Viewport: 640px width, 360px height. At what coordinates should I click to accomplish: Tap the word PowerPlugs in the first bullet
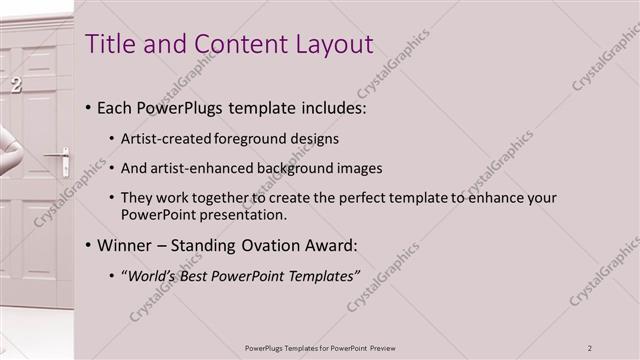point(185,107)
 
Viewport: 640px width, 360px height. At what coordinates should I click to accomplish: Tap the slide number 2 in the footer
point(590,348)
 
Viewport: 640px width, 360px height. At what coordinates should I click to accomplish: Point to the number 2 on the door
point(15,86)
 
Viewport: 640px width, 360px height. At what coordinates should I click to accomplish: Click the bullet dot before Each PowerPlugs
point(89,108)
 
